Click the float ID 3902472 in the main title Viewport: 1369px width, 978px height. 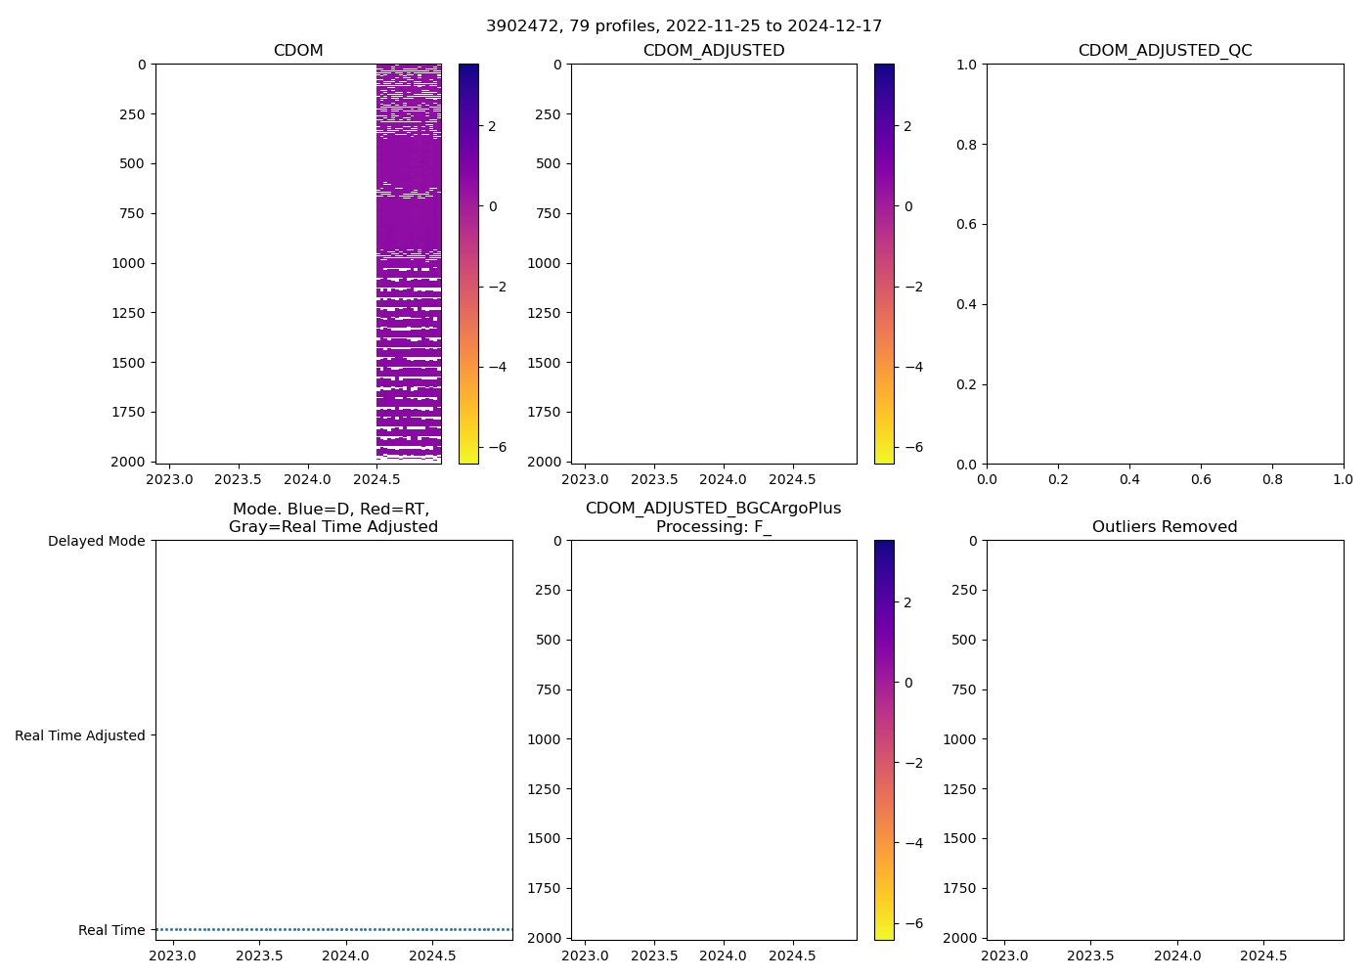pos(518,25)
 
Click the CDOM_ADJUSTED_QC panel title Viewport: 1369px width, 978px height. pos(1165,51)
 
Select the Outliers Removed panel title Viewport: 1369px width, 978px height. pos(1165,527)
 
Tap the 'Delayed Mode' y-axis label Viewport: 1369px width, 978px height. pos(96,541)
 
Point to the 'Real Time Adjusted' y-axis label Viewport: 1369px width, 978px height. pos(80,735)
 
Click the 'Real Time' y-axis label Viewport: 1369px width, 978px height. pos(111,930)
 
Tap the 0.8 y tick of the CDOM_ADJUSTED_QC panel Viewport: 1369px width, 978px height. pos(968,145)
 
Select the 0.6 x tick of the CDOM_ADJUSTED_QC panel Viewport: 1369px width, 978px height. pos(1201,480)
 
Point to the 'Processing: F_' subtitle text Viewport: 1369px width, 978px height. pos(714,527)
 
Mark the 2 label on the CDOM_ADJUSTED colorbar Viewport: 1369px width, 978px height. pos(908,126)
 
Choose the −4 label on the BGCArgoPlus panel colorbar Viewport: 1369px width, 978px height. pos(910,843)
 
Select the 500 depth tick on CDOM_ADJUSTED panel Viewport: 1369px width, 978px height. pos(549,163)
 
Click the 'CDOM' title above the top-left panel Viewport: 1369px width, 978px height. pos(298,51)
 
